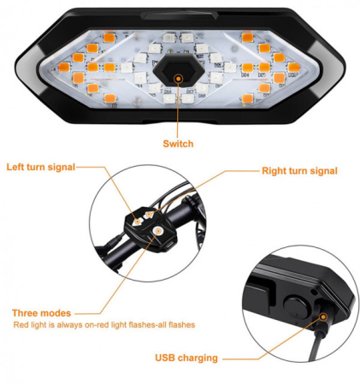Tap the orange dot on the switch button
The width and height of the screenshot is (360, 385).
(x=179, y=78)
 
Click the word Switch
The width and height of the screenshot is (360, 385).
(x=178, y=144)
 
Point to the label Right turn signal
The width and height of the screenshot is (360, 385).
(x=299, y=171)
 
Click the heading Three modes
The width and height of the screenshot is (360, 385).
(x=42, y=313)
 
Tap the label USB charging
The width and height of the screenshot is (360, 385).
(x=186, y=358)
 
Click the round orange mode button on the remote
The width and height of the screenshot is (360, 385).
(x=156, y=229)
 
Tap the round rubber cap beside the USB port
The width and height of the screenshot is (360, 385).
(x=293, y=305)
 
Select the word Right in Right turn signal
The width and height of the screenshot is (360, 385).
(x=275, y=171)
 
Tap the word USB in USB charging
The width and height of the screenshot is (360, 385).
(x=165, y=358)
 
